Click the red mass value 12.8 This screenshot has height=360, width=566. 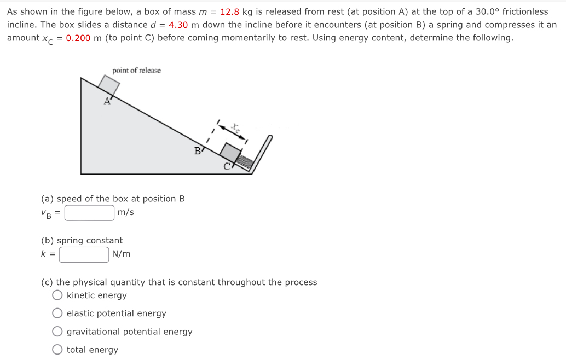(229, 11)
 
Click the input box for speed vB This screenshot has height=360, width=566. (89, 212)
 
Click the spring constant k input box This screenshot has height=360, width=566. (84, 254)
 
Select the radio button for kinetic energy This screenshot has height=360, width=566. (57, 295)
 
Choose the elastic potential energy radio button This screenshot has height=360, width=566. (57, 313)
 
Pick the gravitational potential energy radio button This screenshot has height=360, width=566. (57, 332)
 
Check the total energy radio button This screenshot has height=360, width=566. (57, 350)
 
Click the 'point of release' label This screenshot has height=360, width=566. (136, 71)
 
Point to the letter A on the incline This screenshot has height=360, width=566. (107, 101)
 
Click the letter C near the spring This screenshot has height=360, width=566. (227, 168)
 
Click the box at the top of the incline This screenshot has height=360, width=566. (109, 85)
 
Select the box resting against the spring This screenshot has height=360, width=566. (230, 153)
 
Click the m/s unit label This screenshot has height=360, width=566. (125, 212)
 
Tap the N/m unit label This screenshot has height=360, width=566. (121, 254)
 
